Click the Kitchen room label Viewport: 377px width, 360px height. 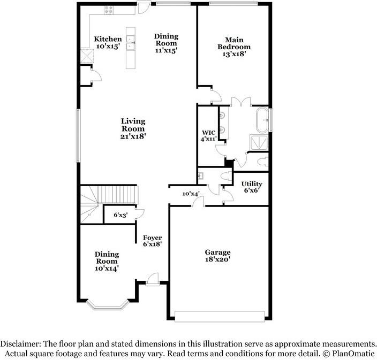[x=108, y=39]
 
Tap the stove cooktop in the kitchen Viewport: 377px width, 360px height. [x=109, y=10]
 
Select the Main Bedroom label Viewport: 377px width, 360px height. [x=234, y=43]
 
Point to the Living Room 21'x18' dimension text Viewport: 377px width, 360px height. [x=133, y=136]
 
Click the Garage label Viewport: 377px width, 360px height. [x=217, y=252]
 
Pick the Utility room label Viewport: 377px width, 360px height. [x=252, y=183]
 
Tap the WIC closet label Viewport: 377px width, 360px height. [x=209, y=133]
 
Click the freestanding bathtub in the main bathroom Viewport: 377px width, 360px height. [x=262, y=120]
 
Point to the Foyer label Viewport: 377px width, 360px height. [x=152, y=238]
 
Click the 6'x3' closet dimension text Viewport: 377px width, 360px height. [x=120, y=215]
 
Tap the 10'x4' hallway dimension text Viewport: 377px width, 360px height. [x=191, y=194]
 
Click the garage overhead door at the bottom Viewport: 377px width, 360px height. [x=220, y=317]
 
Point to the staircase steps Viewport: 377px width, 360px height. [x=117, y=195]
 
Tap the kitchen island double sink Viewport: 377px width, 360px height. [x=131, y=42]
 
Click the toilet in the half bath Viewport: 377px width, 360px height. [x=226, y=177]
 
